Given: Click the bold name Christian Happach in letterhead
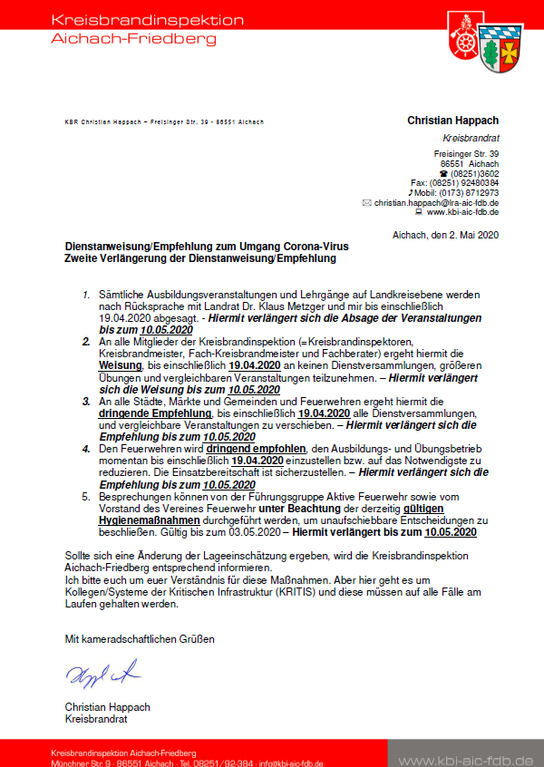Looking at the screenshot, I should click(x=452, y=121).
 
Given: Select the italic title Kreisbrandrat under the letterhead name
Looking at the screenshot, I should click(x=471, y=138).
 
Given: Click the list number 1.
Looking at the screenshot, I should click(x=85, y=296).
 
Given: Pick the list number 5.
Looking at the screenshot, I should click(x=86, y=497).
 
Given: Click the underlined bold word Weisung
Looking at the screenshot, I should click(x=117, y=363).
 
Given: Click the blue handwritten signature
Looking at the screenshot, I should click(x=102, y=674).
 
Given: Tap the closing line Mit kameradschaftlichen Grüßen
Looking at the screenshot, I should click(x=140, y=639).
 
